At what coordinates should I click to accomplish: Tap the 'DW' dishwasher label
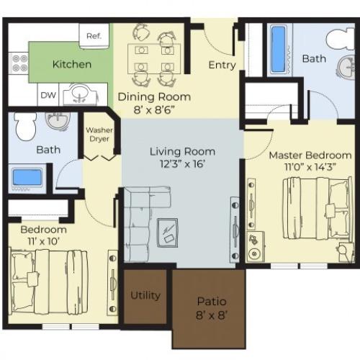point(49,95)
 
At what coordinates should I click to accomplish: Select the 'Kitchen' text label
point(71,64)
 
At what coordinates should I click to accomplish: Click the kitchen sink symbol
point(85,94)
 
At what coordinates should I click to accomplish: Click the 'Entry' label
point(222,65)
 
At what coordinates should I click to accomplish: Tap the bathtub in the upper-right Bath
point(278,49)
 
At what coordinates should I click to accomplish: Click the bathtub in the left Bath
point(27,177)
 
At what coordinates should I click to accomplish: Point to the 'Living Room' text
point(182,151)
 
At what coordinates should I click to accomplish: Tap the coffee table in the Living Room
point(170,231)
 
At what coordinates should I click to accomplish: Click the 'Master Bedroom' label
point(310,155)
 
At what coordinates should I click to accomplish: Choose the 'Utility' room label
point(145,295)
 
